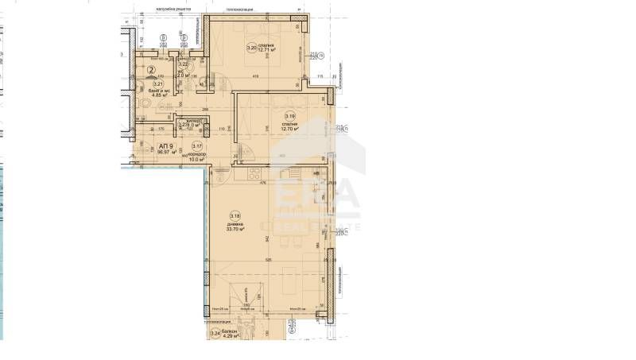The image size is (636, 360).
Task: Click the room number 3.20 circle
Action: pyautogui.click(x=252, y=48)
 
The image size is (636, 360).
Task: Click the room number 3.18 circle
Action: pyautogui.click(x=235, y=215)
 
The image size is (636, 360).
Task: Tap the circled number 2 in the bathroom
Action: pyautogui.click(x=150, y=70)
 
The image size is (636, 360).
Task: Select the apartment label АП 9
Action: pyautogui.click(x=165, y=147)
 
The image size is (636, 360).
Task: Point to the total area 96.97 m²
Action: pyautogui.click(x=165, y=155)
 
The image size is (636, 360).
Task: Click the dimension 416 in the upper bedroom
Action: pyautogui.click(x=256, y=76)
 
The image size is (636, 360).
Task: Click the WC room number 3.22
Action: pyautogui.click(x=181, y=64)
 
